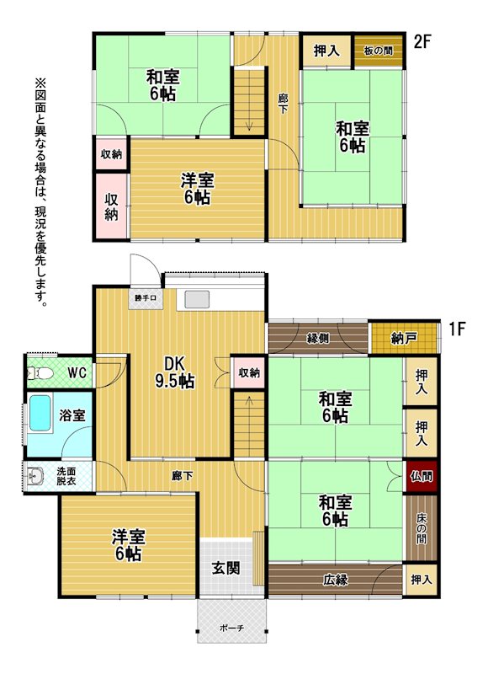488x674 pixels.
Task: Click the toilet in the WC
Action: (40, 372)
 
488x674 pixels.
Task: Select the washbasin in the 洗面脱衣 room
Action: (35, 476)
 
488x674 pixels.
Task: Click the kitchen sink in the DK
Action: (197, 299)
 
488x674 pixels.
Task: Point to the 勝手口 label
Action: (146, 297)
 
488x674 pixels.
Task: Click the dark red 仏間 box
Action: (422, 477)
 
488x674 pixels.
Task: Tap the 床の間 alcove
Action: (422, 528)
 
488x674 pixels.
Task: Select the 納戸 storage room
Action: (404, 339)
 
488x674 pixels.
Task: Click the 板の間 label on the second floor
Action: (378, 51)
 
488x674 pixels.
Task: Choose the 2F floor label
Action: (422, 42)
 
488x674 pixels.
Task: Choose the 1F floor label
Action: (458, 329)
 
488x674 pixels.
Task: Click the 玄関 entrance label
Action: (225, 568)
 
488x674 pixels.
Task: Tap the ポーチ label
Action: (231, 628)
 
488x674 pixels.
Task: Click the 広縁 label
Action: (335, 580)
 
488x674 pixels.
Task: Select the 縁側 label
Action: (318, 339)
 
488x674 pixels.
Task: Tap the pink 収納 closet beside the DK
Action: (249, 372)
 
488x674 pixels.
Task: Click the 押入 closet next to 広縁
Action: (421, 580)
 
